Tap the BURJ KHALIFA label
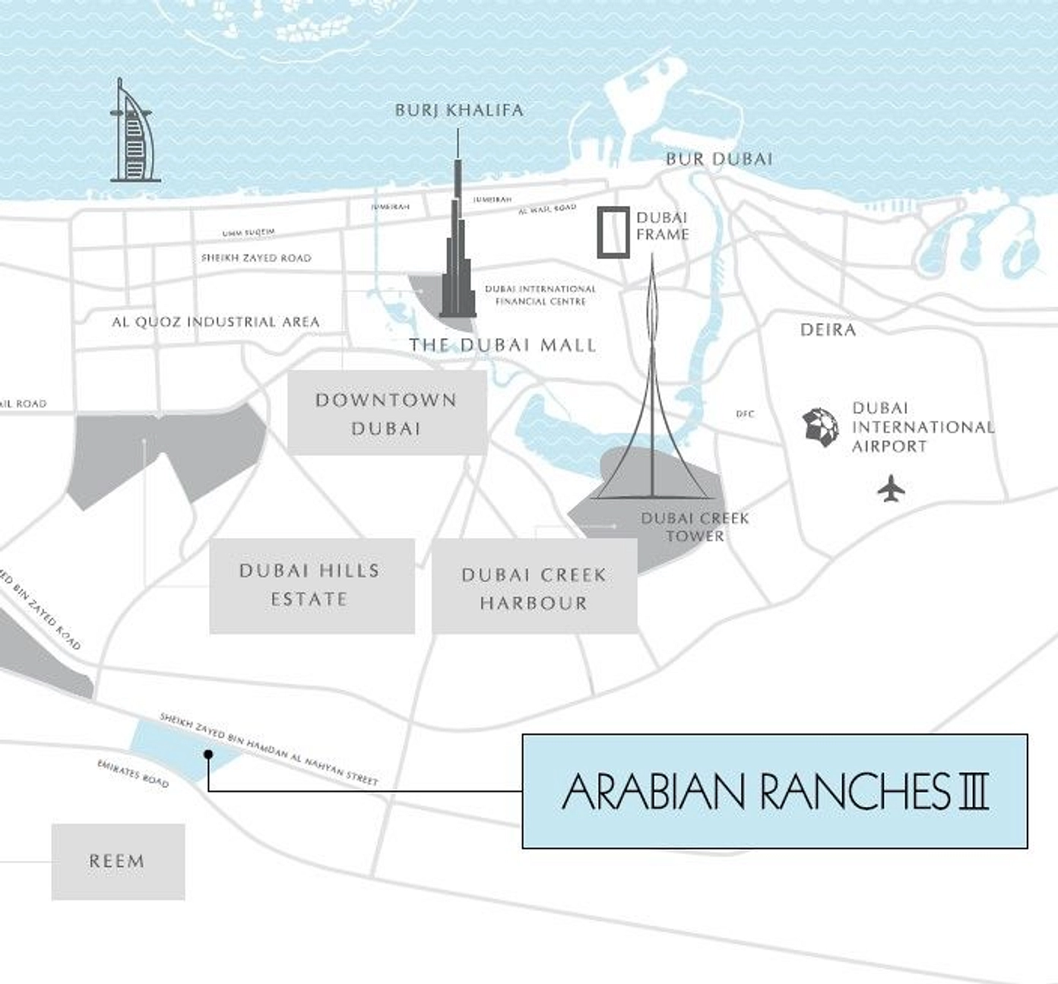point(459,111)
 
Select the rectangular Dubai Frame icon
point(613,232)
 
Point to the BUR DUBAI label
point(719,160)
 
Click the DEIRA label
point(828,330)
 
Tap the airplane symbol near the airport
point(891,489)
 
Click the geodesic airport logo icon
point(821,426)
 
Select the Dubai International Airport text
point(922,428)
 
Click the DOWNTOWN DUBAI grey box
point(387,413)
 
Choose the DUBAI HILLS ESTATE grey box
point(312,585)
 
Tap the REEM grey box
point(118,862)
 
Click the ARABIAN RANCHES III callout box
point(774,791)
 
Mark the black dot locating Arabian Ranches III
point(207,754)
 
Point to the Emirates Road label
point(133,774)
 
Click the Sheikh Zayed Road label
point(256,258)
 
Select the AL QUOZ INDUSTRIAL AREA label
point(216,322)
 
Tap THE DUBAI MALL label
point(502,346)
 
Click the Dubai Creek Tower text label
point(695,527)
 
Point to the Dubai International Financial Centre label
point(540,295)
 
